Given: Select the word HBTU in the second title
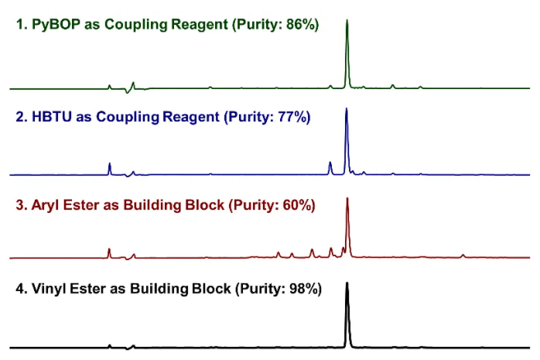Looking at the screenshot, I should pos(49,118).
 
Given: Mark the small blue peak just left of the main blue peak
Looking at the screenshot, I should pos(330,167).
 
